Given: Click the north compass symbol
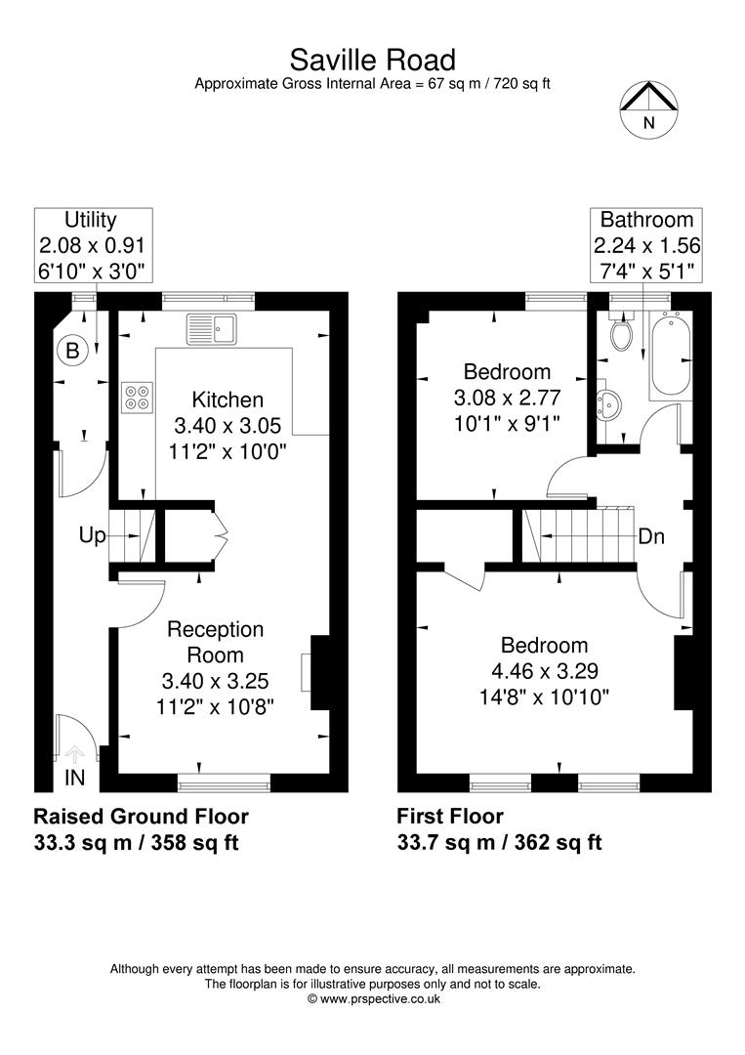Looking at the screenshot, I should pos(649,108).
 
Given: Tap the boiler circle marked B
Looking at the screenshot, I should pos(72,350).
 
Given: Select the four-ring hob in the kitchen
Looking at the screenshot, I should pos(137,396).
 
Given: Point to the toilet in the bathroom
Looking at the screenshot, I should pos(620,336).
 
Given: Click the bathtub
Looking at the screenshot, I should pos(670,354).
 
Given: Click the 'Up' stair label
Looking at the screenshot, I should pos(93,535).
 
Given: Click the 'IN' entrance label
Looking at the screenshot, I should pos(75,778).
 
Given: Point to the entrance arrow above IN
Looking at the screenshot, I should pos(75,752).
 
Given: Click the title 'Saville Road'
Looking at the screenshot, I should pos(372,62).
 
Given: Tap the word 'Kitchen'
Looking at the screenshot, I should pos(228,400).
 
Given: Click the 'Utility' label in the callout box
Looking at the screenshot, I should pos(91,220).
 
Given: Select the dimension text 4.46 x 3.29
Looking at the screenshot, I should pos(544,671).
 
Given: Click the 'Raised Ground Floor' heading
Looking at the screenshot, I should pos(141,816).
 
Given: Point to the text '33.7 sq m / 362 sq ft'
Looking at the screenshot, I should pos(499,842).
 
